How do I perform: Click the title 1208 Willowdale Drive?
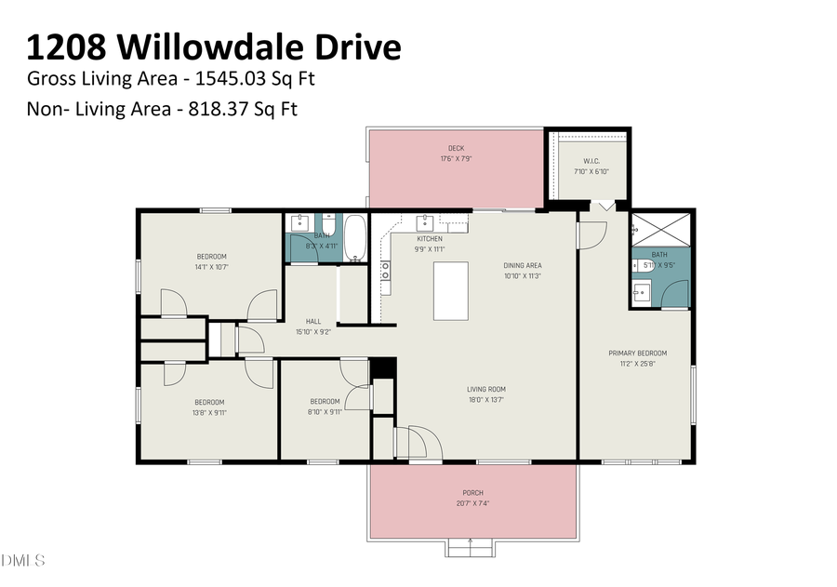point(214,47)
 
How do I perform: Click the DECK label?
point(456,148)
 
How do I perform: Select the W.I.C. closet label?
point(591,160)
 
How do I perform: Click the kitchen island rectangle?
point(452,290)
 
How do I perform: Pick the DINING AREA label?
point(522,265)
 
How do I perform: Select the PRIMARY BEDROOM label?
point(637,353)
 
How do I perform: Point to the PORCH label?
point(472,492)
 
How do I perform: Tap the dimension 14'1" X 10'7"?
point(211,266)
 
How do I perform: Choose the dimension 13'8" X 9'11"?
point(209,412)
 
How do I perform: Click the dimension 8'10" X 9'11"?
point(325,412)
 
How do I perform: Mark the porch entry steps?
point(472,547)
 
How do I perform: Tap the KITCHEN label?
point(404,239)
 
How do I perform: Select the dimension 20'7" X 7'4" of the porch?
point(472,503)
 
